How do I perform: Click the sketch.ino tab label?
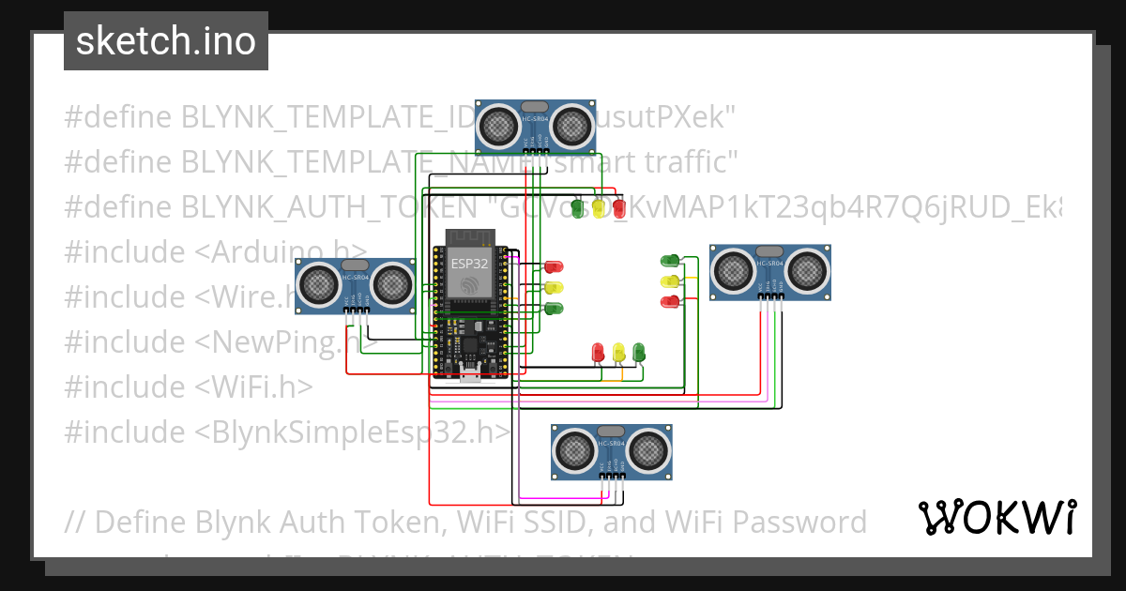[x=165, y=41]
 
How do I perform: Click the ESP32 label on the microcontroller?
[x=469, y=264]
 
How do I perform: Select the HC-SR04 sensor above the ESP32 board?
[x=535, y=126]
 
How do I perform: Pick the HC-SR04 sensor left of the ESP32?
[x=356, y=283]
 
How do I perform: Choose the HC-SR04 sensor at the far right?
[x=769, y=272]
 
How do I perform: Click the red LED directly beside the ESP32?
[x=554, y=267]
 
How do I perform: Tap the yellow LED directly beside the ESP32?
[x=554, y=288]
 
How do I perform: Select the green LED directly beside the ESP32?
[x=554, y=308]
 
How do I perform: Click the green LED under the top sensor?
[x=576, y=207]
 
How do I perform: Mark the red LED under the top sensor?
[x=618, y=207]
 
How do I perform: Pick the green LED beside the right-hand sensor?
[x=670, y=261]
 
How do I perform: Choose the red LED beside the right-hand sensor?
[x=670, y=301]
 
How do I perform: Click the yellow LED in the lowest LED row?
[x=618, y=352]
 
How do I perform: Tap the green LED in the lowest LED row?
[x=639, y=352]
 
